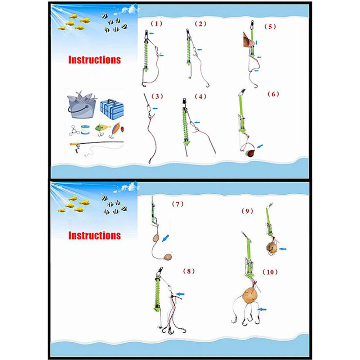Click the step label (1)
click(156, 24)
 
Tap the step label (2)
click(201, 24)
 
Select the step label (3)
click(157, 96)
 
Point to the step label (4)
click(201, 96)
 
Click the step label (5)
click(270, 27)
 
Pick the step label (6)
click(273, 94)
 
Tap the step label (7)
click(178, 204)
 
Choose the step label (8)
click(189, 271)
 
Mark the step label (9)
click(247, 211)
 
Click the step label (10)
click(270, 272)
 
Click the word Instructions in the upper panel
click(95, 60)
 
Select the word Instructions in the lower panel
click(95, 236)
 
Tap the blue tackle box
click(112, 109)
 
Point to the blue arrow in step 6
click(260, 146)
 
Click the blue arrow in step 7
click(166, 238)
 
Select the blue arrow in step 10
click(262, 310)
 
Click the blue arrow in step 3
click(155, 108)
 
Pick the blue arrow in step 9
click(283, 249)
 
